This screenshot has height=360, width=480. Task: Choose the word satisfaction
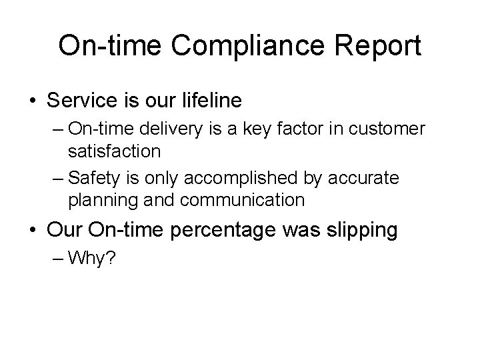coord(114,151)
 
